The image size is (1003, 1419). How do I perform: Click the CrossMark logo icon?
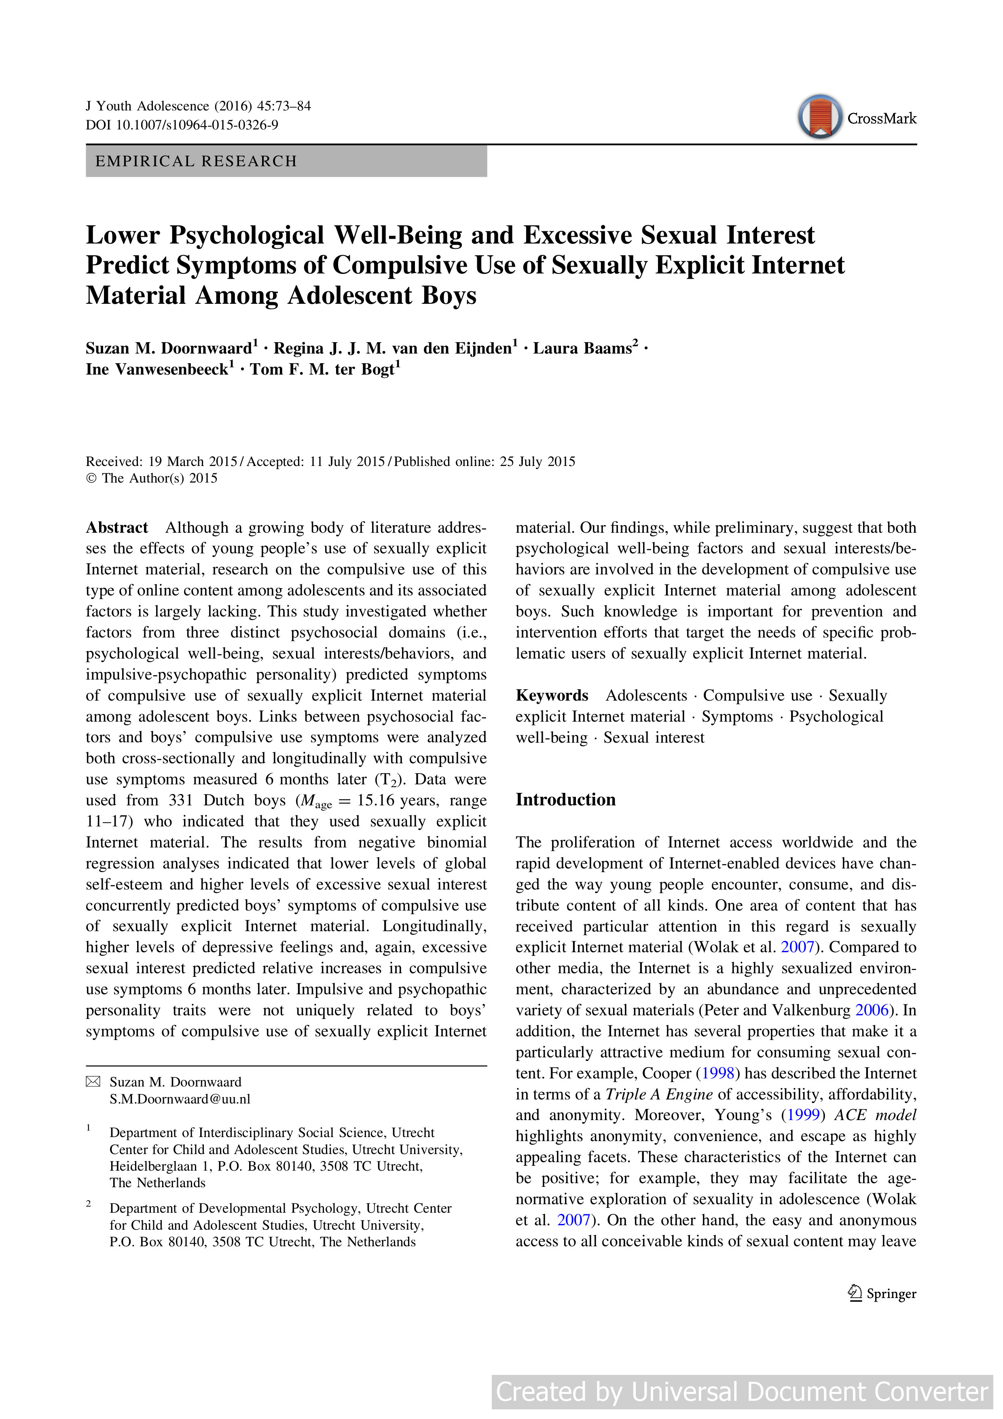[x=819, y=117]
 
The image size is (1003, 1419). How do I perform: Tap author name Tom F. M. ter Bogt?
[x=322, y=370]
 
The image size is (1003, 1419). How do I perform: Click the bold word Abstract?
[x=117, y=528]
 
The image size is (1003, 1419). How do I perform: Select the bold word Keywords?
[x=552, y=696]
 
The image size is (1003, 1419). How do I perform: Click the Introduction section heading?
[x=565, y=800]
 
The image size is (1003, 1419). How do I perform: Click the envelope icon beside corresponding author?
[x=93, y=1082]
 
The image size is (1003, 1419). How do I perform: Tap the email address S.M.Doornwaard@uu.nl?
[x=180, y=1099]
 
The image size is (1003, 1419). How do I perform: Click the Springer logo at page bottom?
[x=882, y=1294]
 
